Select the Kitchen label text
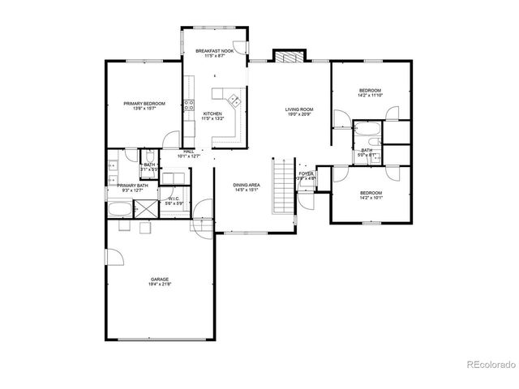(x=212, y=113)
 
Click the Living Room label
(x=298, y=109)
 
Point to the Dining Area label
(x=247, y=186)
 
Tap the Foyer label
(x=306, y=173)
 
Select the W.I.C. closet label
(x=174, y=199)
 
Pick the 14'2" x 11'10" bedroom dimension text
(x=369, y=96)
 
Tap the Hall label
(x=189, y=151)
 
